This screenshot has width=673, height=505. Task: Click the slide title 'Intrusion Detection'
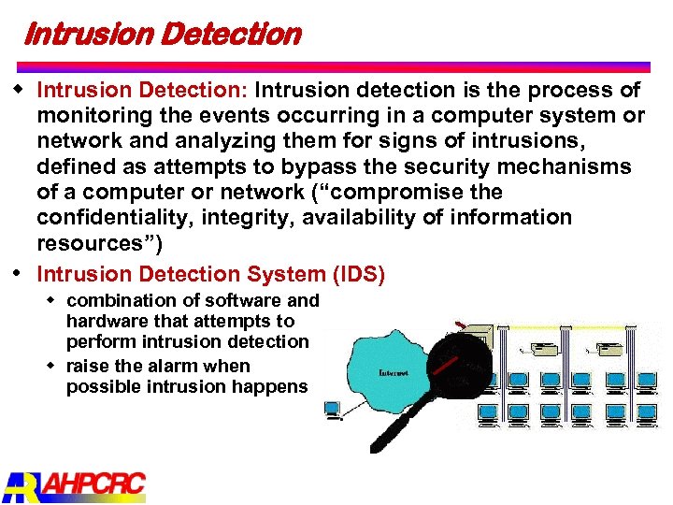click(x=161, y=35)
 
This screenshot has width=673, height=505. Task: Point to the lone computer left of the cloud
click(x=332, y=409)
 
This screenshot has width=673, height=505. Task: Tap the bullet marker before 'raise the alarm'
click(x=54, y=365)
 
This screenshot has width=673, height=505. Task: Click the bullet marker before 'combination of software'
click(x=54, y=299)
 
